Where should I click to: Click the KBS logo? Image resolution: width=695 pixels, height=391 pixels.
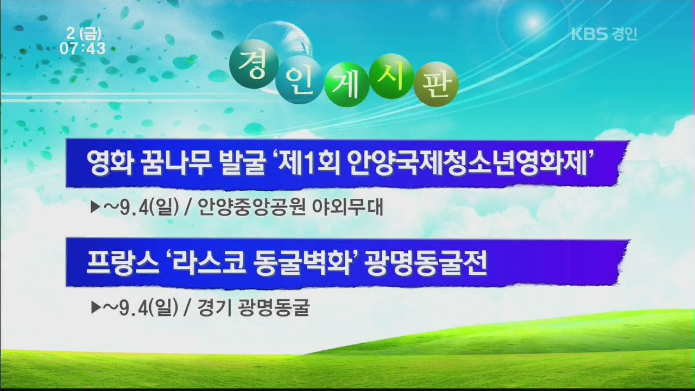click(x=589, y=34)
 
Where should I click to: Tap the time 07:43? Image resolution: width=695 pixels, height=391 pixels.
click(x=83, y=48)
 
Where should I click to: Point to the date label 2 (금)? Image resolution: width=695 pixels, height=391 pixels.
click(x=84, y=34)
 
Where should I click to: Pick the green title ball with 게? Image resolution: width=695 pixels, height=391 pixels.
click(x=346, y=84)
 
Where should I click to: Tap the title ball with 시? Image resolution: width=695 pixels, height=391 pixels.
click(x=391, y=77)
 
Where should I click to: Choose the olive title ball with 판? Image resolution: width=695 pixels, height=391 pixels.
click(x=436, y=84)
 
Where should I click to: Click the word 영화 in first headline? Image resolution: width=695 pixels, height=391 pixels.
click(x=110, y=163)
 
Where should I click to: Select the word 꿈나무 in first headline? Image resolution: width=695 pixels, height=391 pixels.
click(x=176, y=163)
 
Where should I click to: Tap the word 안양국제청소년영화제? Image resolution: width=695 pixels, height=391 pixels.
click(x=467, y=163)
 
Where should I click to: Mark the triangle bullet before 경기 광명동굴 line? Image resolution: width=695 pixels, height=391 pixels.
click(x=96, y=307)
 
